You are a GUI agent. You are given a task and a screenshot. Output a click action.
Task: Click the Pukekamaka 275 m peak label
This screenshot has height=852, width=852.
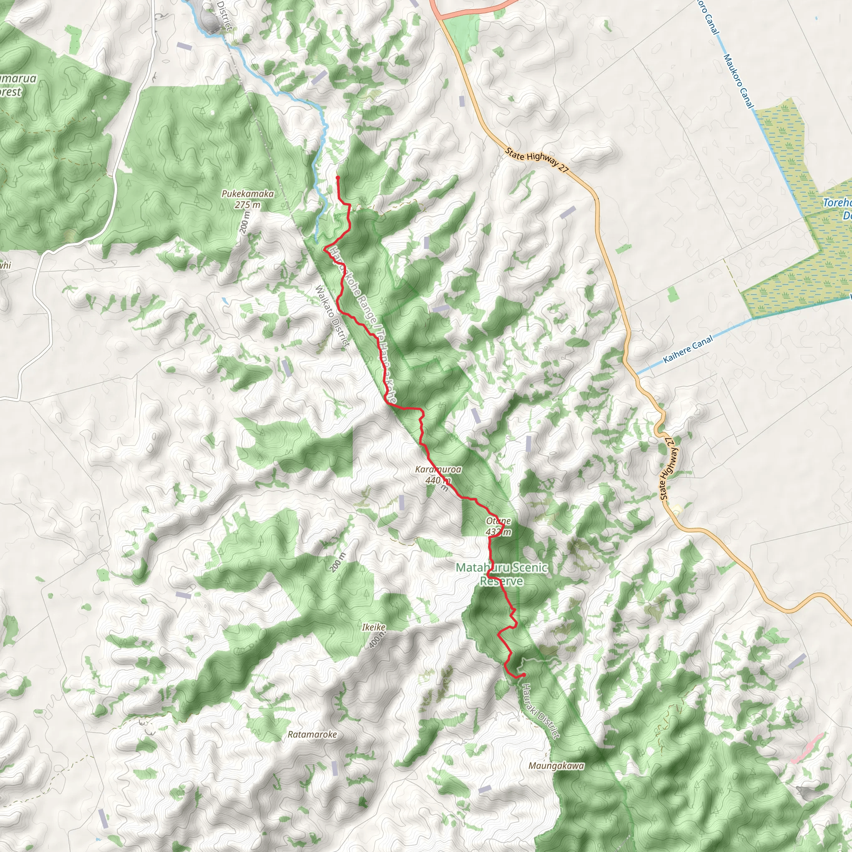(x=248, y=199)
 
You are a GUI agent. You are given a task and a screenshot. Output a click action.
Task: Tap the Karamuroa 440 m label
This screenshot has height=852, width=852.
(x=438, y=475)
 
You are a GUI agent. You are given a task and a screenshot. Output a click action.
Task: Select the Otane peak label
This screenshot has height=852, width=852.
(x=498, y=526)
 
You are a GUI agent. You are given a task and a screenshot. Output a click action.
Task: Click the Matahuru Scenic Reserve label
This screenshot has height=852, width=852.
(x=502, y=574)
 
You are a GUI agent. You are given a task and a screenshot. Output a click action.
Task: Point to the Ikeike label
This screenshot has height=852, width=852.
(x=374, y=627)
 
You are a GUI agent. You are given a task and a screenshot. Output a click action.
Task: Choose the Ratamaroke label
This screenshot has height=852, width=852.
(x=312, y=734)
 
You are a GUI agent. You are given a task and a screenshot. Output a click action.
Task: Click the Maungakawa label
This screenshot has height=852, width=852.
(x=556, y=766)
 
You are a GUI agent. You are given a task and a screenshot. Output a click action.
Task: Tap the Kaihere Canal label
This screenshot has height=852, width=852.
(x=688, y=350)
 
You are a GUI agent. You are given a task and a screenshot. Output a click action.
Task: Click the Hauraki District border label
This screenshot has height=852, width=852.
(x=541, y=711)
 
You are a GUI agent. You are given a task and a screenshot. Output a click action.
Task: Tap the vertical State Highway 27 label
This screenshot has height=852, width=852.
(x=667, y=469)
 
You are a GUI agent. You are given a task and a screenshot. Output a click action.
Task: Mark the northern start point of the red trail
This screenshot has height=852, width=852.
(x=338, y=177)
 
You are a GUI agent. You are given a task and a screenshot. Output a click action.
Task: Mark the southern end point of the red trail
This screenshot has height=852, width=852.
(x=523, y=675)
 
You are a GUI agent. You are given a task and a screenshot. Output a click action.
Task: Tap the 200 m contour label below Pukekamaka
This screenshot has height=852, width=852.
(x=245, y=223)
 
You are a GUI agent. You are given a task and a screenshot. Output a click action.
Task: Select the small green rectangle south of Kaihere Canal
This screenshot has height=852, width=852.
(x=672, y=294)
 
